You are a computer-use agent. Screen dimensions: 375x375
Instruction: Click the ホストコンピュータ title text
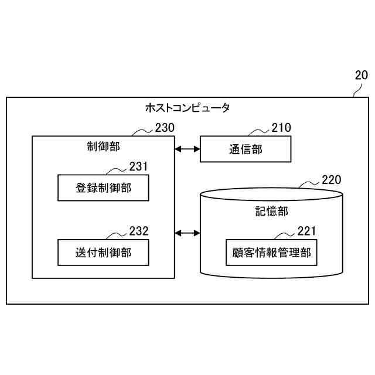(187, 108)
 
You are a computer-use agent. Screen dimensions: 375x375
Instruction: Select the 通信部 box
(246, 149)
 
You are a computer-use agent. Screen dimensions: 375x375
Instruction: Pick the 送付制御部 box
(103, 253)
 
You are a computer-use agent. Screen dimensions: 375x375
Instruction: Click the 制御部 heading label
(103, 146)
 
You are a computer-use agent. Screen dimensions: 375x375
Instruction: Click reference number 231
(138, 166)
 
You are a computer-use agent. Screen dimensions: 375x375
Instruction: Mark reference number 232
(138, 231)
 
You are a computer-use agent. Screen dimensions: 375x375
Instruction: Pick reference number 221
(306, 231)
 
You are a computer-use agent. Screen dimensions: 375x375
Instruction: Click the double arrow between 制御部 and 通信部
(187, 149)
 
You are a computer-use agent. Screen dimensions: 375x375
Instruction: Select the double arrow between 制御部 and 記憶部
(187, 233)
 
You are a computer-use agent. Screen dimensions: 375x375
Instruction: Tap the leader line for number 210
(259, 131)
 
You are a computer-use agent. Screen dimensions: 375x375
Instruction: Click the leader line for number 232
(117, 236)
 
